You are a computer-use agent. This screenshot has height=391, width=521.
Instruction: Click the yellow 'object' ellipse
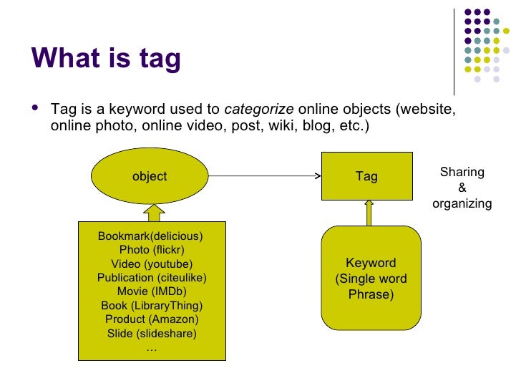coord(150,176)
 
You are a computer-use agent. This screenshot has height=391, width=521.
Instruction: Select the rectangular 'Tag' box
coord(366,176)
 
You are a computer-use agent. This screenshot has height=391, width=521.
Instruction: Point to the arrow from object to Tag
coord(265,176)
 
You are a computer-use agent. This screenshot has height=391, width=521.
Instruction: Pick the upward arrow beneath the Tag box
coord(369,213)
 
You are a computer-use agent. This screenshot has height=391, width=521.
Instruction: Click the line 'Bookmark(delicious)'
coord(150,236)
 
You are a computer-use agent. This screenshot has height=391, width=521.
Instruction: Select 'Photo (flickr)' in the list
coord(152,249)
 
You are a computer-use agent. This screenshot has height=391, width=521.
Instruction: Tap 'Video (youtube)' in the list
coord(152,264)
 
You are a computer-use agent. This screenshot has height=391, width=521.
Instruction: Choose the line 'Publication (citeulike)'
coord(152,277)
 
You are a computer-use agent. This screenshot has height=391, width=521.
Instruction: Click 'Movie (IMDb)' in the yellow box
coord(152,291)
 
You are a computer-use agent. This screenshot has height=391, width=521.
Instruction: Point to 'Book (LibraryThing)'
coord(152,306)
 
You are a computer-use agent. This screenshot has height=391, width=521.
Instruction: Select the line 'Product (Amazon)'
coord(152,319)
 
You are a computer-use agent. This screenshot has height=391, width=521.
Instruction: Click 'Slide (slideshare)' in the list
coord(152,334)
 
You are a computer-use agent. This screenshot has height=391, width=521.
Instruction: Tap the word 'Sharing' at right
coord(462,172)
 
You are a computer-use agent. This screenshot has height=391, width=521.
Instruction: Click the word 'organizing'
coord(462,203)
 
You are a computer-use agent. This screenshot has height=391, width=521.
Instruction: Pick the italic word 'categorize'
coord(259,110)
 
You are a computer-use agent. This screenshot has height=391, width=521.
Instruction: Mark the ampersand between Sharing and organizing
coord(462,188)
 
